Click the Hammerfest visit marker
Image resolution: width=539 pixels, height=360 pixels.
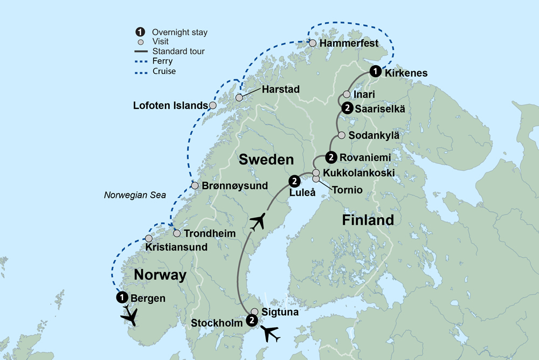pos(313,43)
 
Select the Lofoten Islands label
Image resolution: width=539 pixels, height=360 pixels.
pos(170,106)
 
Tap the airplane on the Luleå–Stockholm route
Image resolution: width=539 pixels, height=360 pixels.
pos(258,221)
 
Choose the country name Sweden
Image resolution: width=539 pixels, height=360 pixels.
pos(266,160)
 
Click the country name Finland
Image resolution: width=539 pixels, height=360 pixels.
pos(368,220)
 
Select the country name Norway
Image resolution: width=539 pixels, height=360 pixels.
pos(160,275)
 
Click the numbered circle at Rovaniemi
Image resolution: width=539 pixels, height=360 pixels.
pos(331,157)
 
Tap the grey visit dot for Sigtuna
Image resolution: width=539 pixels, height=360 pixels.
pos(254,311)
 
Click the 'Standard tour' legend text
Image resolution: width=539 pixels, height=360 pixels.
pos(178,52)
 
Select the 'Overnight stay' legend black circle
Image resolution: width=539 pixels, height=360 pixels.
pos(140,32)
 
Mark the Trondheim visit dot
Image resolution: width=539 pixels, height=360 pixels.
pos(177,233)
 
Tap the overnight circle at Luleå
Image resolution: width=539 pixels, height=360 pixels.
pos(294,181)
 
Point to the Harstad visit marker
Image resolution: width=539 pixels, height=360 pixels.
pos(239,98)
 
